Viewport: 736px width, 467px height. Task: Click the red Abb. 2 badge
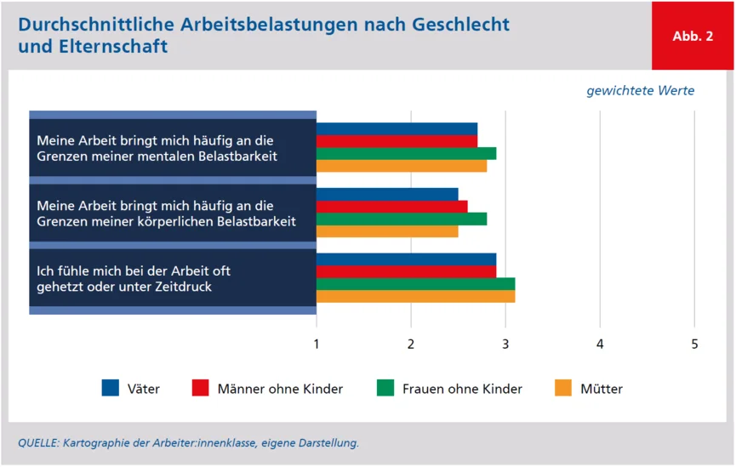coord(693,36)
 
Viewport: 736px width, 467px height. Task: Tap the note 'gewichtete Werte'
coord(640,91)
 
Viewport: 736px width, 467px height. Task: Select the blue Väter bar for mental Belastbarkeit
coord(397,129)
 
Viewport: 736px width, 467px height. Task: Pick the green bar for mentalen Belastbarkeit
coord(406,154)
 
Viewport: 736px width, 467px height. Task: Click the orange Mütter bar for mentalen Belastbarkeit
coord(402,166)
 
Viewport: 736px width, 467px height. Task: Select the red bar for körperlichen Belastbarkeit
coord(391,207)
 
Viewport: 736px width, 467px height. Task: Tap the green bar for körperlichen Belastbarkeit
coord(402,219)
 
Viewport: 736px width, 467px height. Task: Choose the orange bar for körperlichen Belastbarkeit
coord(387,231)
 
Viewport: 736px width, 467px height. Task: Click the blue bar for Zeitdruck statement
coord(406,259)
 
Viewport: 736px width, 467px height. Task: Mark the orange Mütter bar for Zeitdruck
coord(415,297)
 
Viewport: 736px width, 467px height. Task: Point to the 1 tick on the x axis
coord(317,345)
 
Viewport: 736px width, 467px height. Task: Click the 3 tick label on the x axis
coord(505,345)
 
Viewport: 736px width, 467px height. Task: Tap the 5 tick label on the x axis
coord(694,345)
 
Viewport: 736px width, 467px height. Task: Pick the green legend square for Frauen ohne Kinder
coord(385,388)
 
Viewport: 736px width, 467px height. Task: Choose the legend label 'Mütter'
coord(602,389)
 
